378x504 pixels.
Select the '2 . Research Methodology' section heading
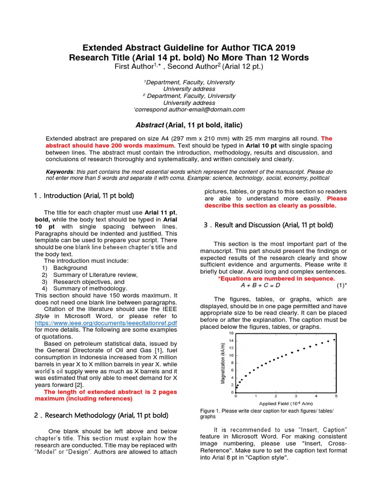101,415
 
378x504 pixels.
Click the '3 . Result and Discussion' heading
268,225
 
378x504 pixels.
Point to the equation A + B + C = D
260,285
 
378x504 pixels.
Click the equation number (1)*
341,285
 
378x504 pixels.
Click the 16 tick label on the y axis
231,333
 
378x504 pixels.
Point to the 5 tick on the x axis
336,396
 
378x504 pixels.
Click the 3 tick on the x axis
296,396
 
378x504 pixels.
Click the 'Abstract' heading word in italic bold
150,125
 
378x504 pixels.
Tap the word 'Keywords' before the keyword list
59,171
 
